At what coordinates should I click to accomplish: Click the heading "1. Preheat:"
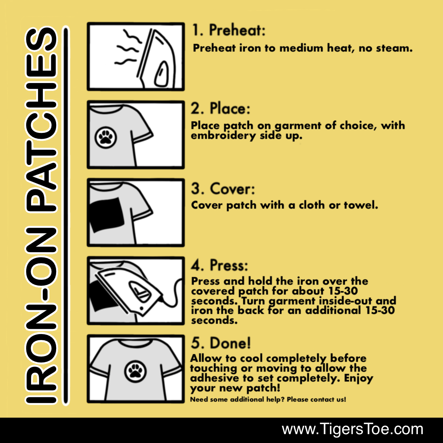pos(228,30)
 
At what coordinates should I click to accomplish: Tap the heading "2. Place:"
pos(220,109)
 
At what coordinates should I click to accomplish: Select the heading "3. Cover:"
pos(223,189)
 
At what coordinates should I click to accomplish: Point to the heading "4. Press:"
pos(219,265)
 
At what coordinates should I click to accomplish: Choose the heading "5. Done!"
pos(220,343)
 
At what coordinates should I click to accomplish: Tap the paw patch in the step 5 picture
pos(135,371)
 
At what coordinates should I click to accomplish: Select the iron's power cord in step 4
pos(174,295)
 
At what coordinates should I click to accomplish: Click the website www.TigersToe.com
pos(352,429)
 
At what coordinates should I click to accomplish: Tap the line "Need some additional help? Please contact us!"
pos(268,399)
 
